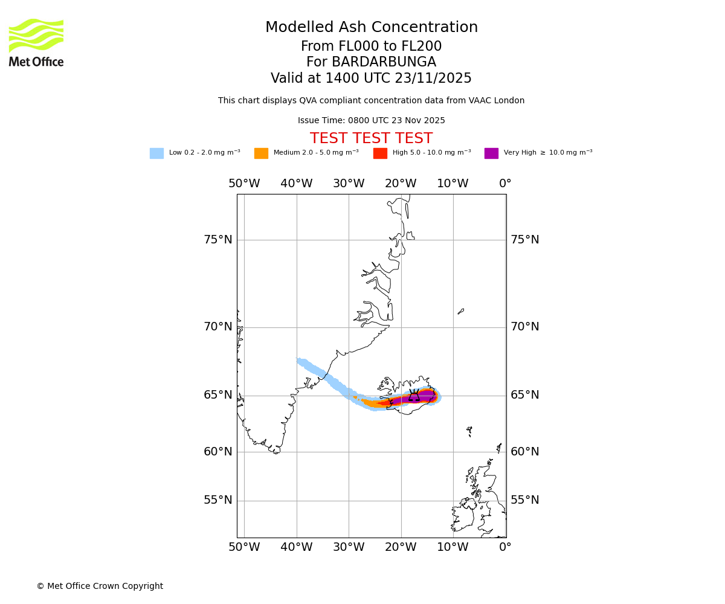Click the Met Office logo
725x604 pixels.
click(36, 42)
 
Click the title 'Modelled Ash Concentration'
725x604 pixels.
click(371, 28)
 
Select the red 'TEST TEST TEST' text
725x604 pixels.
click(371, 139)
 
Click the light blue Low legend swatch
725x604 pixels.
click(156, 153)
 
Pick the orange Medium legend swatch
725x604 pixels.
click(261, 153)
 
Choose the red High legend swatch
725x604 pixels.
click(380, 153)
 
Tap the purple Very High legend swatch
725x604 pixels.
click(491, 153)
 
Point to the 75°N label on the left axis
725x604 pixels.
click(218, 240)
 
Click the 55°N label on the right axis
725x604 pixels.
click(525, 500)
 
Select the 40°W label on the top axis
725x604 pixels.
click(297, 184)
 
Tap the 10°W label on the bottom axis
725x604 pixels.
click(453, 547)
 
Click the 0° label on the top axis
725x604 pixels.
click(505, 184)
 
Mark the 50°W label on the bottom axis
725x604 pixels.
click(244, 547)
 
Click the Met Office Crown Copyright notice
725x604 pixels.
click(100, 586)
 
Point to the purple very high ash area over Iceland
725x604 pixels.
click(427, 396)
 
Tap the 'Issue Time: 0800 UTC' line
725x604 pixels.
click(371, 121)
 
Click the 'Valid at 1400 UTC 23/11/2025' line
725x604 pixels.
click(371, 79)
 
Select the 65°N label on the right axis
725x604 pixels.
click(525, 395)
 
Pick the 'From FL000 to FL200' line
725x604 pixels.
click(371, 47)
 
